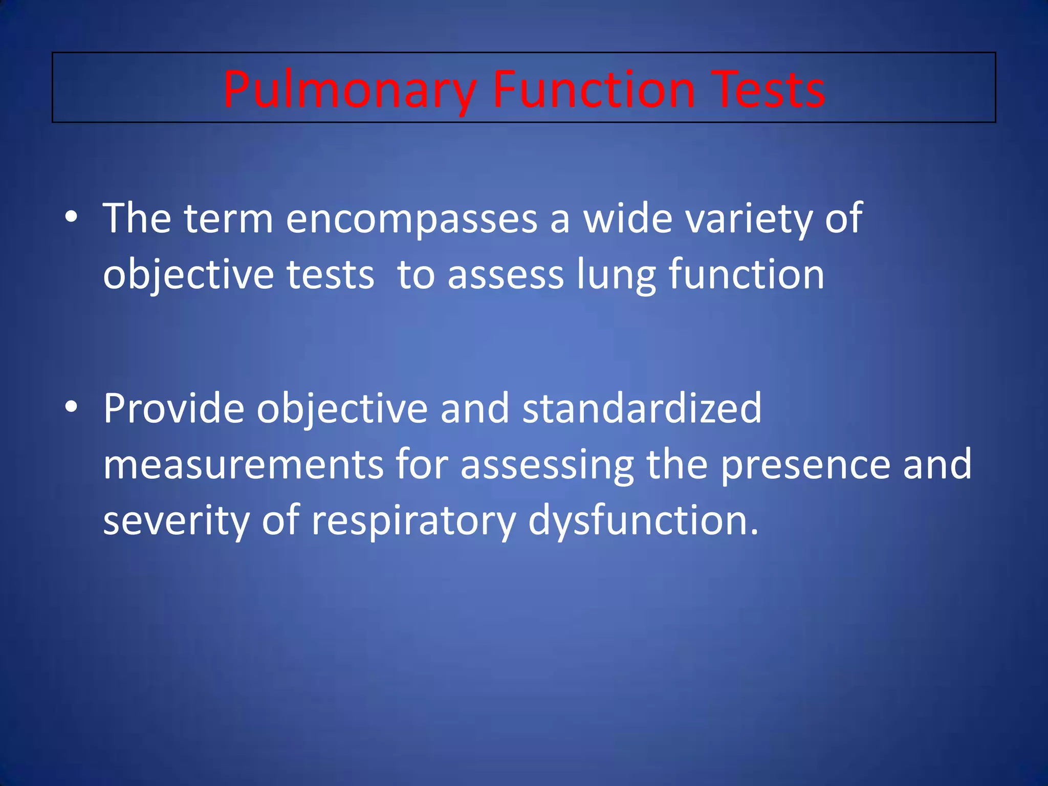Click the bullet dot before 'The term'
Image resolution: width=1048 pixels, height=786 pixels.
tap(72, 217)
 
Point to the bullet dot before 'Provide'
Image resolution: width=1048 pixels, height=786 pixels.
tap(72, 407)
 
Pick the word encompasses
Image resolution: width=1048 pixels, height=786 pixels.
tap(411, 219)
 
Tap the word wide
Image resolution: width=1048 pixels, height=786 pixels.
tap(628, 219)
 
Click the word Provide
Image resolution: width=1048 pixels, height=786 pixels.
tap(173, 408)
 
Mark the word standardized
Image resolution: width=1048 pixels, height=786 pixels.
tap(642, 408)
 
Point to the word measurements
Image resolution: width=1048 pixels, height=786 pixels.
tap(244, 465)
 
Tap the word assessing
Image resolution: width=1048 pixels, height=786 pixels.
tap(547, 465)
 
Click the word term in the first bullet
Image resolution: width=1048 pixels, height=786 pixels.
tap(228, 219)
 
